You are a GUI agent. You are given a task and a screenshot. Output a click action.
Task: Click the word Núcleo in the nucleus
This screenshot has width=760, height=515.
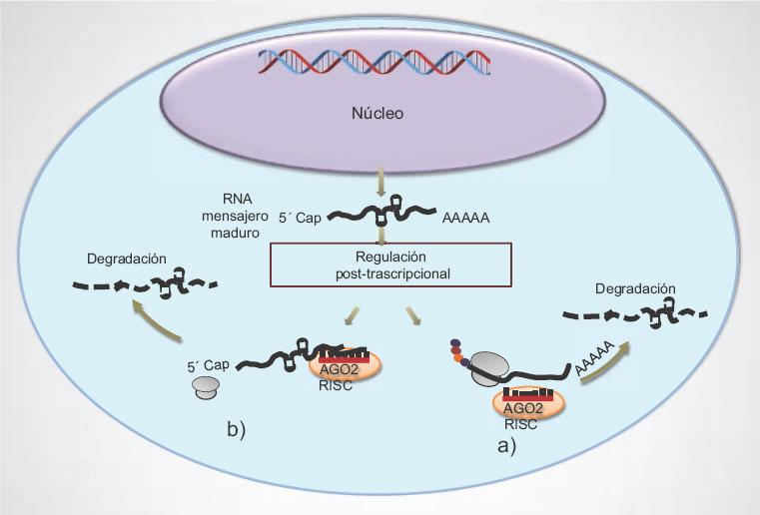pyautogui.click(x=378, y=113)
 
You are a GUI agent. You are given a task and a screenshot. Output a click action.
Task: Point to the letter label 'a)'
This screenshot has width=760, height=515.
pyautogui.click(x=507, y=446)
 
